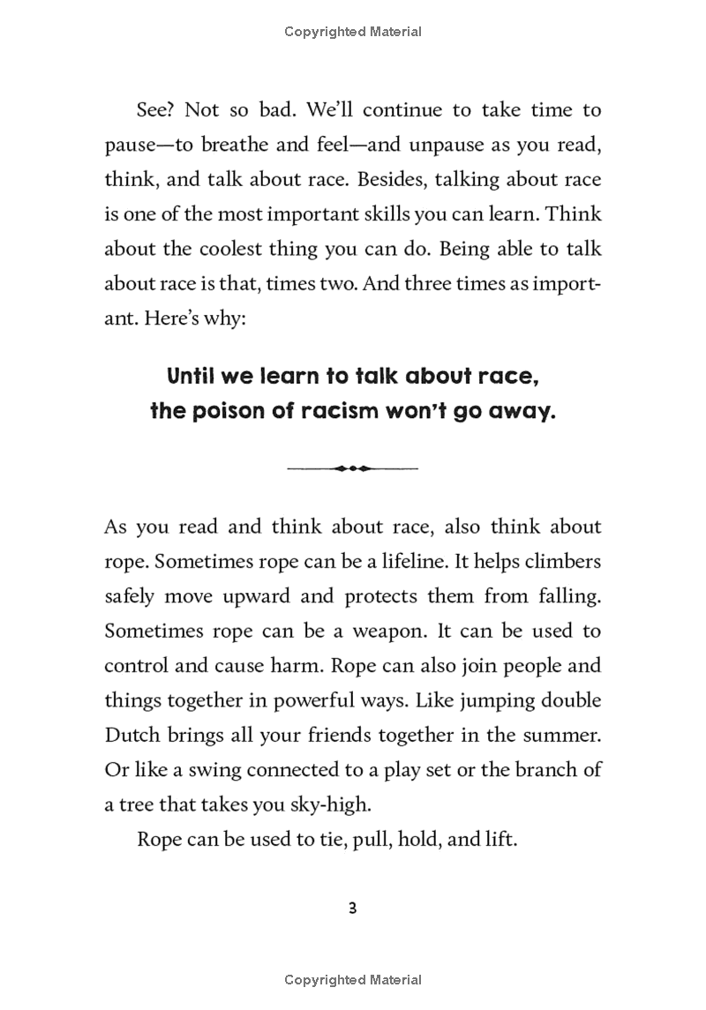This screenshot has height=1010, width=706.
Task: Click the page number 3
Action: (353, 909)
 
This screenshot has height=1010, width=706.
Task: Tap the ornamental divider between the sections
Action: (353, 468)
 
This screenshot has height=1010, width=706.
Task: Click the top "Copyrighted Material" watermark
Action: (353, 32)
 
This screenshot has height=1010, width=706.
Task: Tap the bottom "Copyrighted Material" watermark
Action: (353, 979)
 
